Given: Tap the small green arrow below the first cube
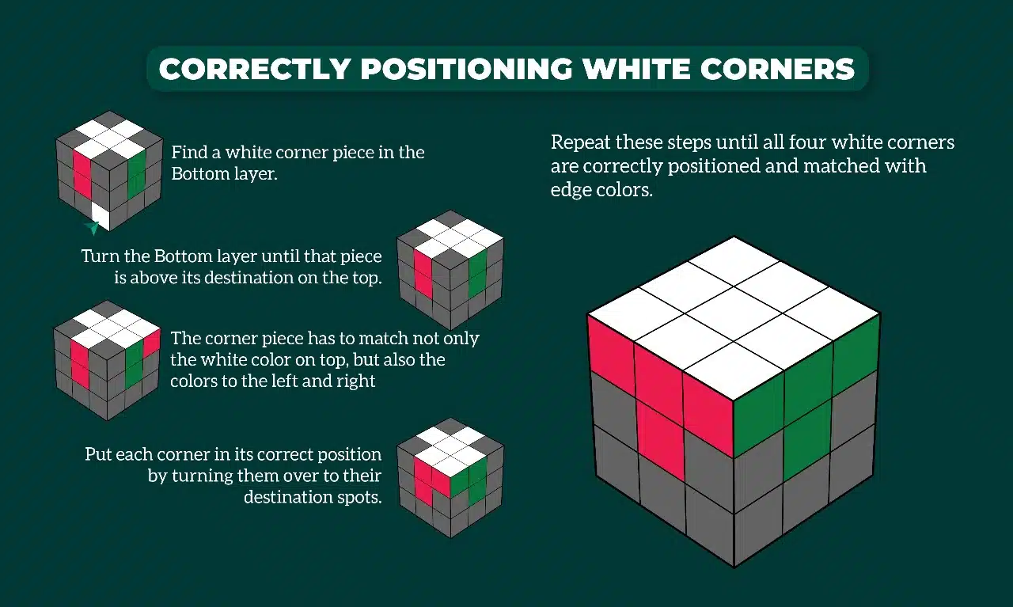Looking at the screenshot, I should pos(93,229).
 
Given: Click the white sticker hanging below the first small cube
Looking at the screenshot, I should pos(101,215).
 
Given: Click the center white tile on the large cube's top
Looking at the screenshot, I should pos(734,314).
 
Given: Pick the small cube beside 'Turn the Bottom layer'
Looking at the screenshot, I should pos(450,270).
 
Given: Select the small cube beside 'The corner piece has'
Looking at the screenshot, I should pos(107,360).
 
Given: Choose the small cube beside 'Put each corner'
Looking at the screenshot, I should pos(450,477).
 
